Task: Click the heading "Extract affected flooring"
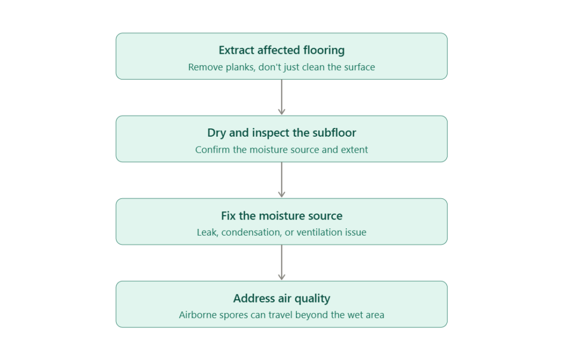281,50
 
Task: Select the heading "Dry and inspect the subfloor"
281,133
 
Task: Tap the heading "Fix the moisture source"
281,216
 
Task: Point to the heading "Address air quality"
281,298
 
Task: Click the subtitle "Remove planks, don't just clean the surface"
281,67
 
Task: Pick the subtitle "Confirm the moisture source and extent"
281,149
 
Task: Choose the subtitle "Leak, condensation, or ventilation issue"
281,232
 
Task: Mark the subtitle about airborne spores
281,315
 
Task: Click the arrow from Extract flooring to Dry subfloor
281,97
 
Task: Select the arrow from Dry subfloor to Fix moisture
281,180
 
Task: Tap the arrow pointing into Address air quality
281,262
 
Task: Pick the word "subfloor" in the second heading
334,133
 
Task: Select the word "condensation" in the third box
251,232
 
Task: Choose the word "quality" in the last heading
312,299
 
